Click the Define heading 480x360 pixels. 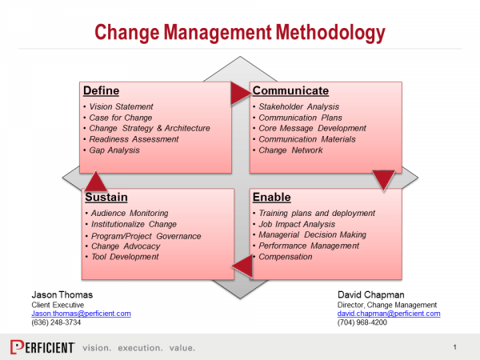102,90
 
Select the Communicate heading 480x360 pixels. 290,90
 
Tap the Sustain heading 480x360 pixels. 106,197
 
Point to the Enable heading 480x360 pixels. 271,197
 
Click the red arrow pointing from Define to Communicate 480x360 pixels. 240,94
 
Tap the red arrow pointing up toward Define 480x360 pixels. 96,182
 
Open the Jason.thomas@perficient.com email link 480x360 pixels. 81,314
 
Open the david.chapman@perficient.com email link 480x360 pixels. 389,314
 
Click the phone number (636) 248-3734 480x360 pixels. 56,322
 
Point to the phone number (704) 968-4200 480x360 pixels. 362,322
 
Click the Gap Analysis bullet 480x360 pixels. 114,150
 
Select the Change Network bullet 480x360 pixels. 290,150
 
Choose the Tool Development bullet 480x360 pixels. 125,257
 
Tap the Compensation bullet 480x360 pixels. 286,257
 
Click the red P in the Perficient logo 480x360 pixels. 17,347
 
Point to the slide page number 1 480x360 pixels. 455,347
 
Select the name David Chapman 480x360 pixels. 370,294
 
